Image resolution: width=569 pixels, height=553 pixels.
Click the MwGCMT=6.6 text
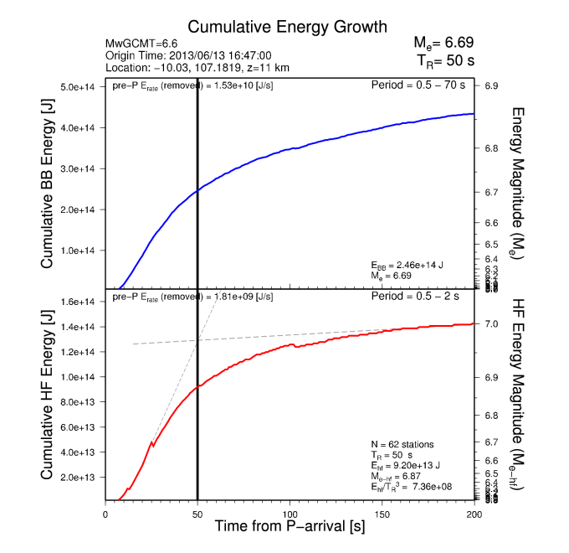click(139, 43)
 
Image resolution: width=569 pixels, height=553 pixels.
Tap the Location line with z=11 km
click(197, 68)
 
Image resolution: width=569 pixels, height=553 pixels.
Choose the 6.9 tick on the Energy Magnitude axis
click(491, 86)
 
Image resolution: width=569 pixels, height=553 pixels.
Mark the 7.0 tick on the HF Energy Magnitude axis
click(491, 323)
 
